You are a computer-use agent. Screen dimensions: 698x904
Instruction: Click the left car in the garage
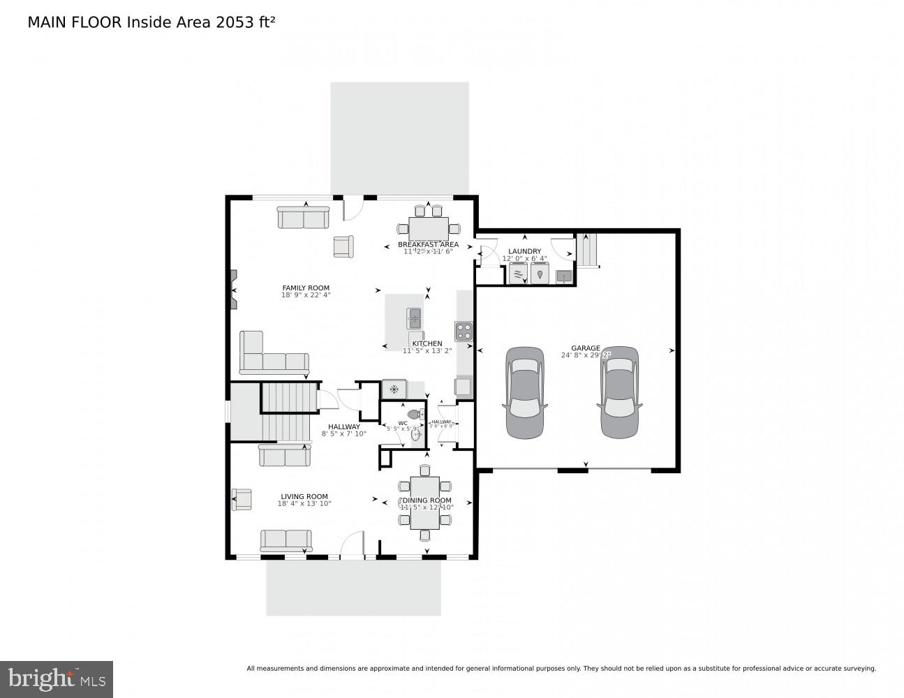click(x=525, y=393)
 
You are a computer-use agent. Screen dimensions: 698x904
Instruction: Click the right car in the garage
click(x=620, y=393)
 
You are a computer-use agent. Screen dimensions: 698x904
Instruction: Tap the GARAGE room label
click(x=585, y=348)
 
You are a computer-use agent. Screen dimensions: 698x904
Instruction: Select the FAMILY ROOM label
click(x=306, y=288)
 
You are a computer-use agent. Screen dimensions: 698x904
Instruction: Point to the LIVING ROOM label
click(x=304, y=497)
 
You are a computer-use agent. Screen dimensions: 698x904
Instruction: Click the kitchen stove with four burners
click(x=464, y=330)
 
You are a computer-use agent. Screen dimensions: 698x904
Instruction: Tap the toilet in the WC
click(x=415, y=415)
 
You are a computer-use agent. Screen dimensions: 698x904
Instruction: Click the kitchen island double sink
click(x=414, y=318)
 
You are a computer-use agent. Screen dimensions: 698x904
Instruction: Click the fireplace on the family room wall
click(x=232, y=289)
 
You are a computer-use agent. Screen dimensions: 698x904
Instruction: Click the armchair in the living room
click(x=242, y=499)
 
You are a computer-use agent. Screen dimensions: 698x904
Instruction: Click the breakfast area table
click(x=429, y=228)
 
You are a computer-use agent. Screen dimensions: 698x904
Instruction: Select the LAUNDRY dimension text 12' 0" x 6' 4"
click(x=524, y=259)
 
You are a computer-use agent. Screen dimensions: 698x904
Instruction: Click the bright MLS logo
click(x=57, y=679)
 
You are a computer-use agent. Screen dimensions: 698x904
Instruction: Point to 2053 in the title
click(x=235, y=22)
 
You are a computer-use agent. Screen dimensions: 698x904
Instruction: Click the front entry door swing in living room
click(x=353, y=544)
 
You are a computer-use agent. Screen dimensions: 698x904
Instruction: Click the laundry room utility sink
click(x=563, y=277)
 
